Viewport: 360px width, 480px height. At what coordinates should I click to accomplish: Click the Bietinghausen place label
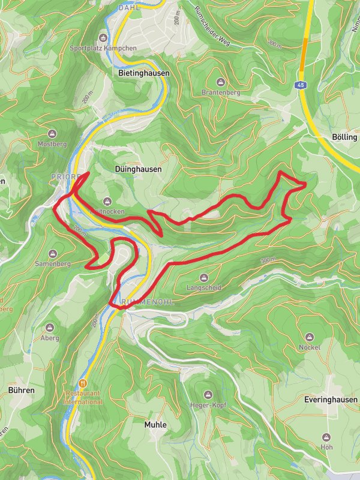tap(140, 73)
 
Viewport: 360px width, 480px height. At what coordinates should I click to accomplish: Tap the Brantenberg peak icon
tap(220, 82)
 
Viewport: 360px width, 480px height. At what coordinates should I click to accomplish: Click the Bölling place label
tap(344, 137)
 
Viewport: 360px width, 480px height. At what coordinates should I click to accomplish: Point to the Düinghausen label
tap(137, 169)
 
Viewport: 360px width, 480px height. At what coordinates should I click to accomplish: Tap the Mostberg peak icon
tap(52, 133)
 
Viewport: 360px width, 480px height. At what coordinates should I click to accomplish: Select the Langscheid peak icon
tap(203, 277)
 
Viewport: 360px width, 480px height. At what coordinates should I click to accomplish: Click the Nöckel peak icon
tap(310, 337)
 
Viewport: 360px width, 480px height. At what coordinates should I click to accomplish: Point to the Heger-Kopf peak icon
tap(208, 395)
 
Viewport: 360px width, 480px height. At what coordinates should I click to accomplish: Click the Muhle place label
tap(155, 424)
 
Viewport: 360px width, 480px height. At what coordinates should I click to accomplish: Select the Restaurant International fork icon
tap(84, 382)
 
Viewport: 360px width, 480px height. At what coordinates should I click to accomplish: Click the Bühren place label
tap(22, 390)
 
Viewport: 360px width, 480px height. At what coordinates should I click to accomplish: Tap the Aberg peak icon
tap(49, 328)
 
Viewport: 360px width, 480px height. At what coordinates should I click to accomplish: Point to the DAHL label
tap(129, 8)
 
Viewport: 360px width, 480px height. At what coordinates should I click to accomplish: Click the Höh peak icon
tap(326, 437)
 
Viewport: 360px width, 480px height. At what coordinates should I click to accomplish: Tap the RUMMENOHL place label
tap(147, 302)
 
